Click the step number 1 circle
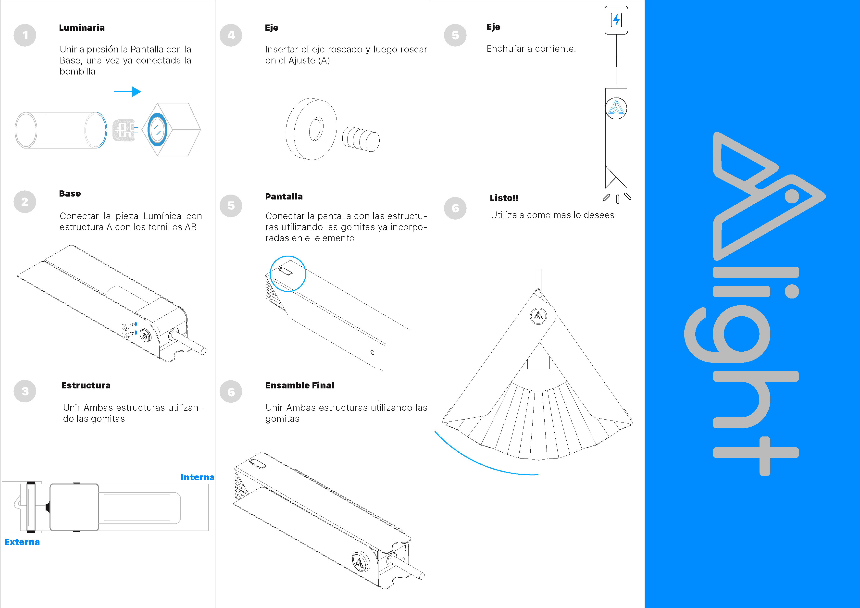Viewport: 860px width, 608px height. [x=25, y=35]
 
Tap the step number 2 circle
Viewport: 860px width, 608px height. [x=25, y=201]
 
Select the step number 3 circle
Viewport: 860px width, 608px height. [x=25, y=391]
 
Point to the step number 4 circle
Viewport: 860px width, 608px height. [x=231, y=35]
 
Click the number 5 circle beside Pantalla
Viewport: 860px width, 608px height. [x=231, y=206]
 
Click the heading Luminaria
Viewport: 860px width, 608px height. [x=82, y=27]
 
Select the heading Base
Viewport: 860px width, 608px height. [x=70, y=193]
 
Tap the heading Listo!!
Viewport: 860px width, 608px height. [x=504, y=198]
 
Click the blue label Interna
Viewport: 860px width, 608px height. [x=197, y=477]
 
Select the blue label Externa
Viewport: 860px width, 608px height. [x=22, y=542]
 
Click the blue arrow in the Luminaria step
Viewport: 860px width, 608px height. [x=127, y=91]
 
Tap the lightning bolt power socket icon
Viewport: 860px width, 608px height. [x=616, y=20]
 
